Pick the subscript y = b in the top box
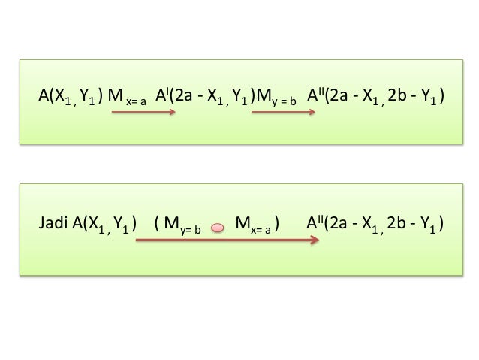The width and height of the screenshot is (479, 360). pos(284,100)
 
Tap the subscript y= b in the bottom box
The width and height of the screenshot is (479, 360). pos(188,228)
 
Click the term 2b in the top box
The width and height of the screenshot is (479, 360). pos(396,95)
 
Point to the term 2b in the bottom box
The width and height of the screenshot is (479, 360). pos(396,223)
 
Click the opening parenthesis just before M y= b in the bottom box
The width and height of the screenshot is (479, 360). pos(156,224)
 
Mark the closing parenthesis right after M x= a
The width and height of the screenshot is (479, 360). pos(279,224)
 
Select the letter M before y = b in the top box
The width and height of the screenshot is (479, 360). pos(263,95)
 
